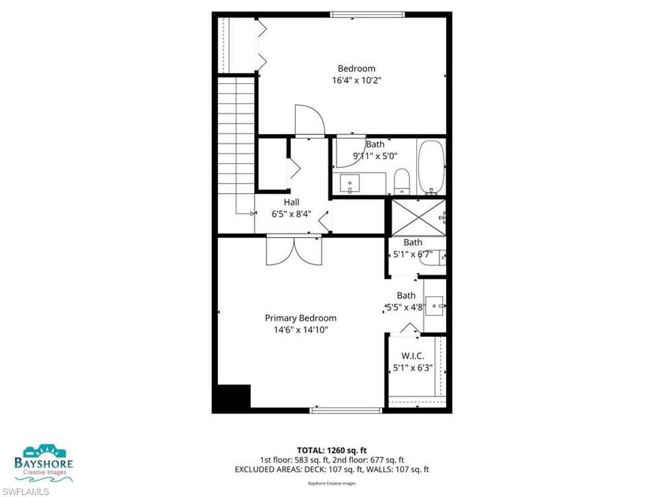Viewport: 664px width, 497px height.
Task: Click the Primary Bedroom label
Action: click(x=300, y=318)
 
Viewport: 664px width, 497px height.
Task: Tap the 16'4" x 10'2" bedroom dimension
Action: click(x=356, y=81)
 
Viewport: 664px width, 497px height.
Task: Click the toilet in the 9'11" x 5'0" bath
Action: click(x=402, y=181)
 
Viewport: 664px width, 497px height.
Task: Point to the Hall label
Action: click(x=291, y=202)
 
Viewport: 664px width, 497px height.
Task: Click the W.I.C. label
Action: click(x=412, y=356)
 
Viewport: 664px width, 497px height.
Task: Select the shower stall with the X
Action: click(x=418, y=217)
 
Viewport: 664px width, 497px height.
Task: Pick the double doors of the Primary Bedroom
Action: click(x=294, y=250)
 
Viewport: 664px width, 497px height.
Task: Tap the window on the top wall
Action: click(x=367, y=14)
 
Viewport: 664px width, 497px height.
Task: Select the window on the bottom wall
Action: click(x=346, y=410)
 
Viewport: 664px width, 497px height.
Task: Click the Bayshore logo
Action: click(x=44, y=463)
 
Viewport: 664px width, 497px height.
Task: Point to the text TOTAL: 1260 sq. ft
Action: click(x=332, y=450)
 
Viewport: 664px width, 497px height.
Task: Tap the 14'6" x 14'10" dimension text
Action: click(x=301, y=330)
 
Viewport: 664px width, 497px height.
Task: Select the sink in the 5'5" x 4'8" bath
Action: click(x=435, y=304)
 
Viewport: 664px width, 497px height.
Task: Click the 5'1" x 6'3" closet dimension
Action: click(x=412, y=367)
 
